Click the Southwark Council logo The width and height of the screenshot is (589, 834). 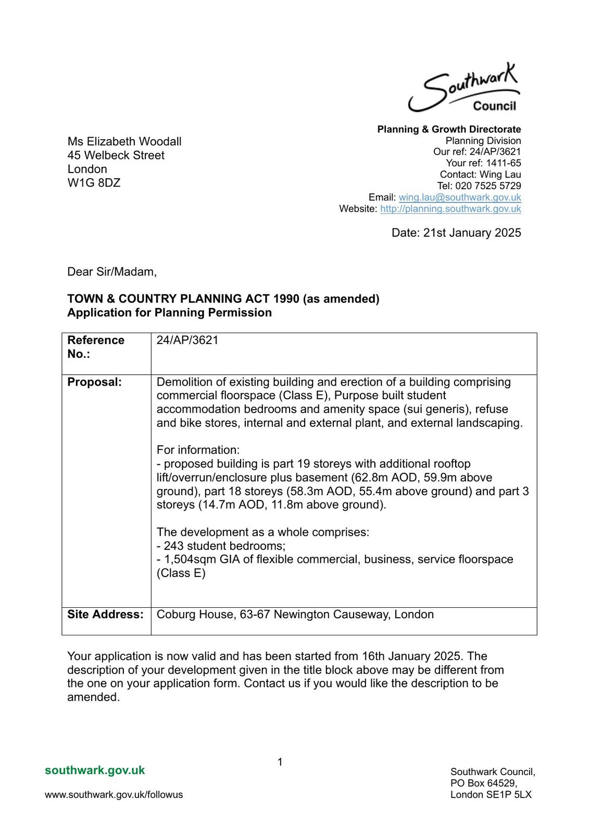coord(464,89)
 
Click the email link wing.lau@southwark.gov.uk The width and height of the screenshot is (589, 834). coord(459,198)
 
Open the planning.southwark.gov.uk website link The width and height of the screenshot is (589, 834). coord(450,209)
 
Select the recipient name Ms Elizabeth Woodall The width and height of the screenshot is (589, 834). coord(124,142)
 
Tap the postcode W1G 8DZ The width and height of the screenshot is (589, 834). coord(94,183)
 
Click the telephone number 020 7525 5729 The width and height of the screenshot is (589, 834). coord(488,186)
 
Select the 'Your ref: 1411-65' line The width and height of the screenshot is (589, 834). coord(483,163)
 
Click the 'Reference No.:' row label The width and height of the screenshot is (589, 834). coord(96,347)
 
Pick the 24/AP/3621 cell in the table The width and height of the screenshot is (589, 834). coord(187,340)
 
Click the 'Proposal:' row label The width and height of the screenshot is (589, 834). coord(94,382)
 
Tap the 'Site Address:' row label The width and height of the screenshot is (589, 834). coord(105,615)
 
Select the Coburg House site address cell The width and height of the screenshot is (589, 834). coord(295,615)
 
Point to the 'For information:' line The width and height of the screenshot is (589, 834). coord(198,450)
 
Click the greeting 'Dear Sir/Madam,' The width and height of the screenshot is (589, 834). coord(112,272)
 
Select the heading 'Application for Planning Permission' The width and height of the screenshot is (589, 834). coord(169,313)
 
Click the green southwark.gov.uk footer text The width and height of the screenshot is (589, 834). coord(95,770)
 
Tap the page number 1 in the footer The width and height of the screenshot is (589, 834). coord(280,762)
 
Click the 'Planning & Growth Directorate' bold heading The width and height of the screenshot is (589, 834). coord(449,129)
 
